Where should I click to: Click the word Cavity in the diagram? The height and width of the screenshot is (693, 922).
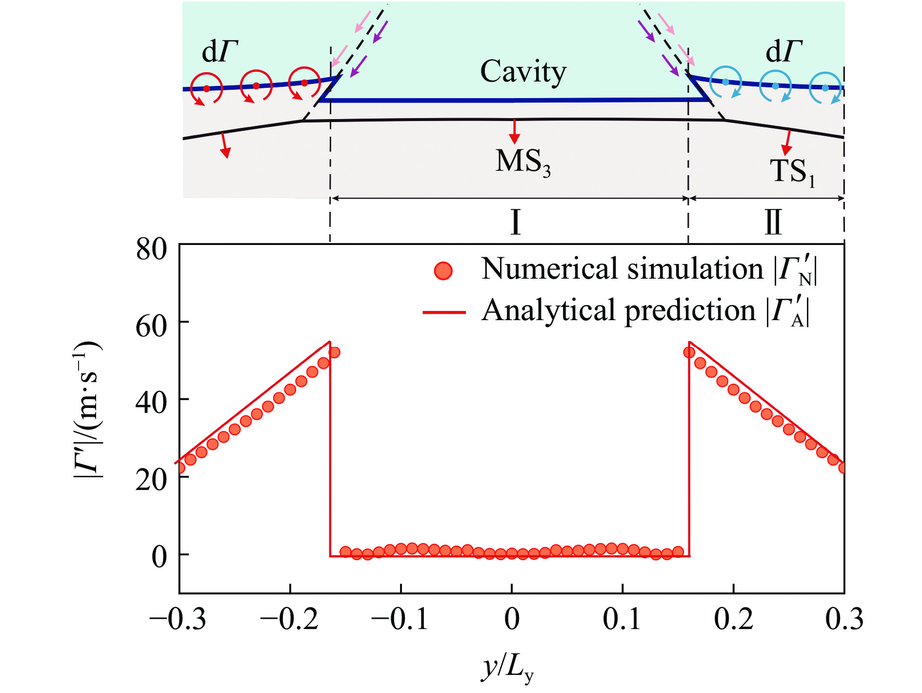(x=523, y=72)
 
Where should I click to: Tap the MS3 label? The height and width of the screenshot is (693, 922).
(x=522, y=162)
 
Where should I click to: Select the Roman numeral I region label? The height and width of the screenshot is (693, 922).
(x=515, y=223)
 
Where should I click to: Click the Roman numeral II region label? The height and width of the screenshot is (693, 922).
(x=773, y=223)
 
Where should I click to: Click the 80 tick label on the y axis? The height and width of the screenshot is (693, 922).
(x=151, y=249)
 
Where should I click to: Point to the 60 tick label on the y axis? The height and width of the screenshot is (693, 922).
(x=151, y=326)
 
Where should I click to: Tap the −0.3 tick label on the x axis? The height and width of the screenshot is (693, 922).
(x=178, y=619)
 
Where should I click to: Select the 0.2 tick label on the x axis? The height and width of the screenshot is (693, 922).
(x=734, y=619)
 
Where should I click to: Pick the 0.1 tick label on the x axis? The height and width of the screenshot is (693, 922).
(x=622, y=619)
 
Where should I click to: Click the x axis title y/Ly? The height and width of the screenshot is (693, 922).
(x=507, y=668)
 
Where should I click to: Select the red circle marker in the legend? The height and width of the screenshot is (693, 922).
(x=443, y=270)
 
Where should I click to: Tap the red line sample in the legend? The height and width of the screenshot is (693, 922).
(x=444, y=312)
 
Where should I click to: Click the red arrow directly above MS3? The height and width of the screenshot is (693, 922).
(x=514, y=132)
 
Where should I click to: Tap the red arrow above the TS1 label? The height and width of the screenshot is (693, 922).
(x=786, y=143)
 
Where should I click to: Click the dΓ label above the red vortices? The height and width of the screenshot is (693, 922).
(x=220, y=51)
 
